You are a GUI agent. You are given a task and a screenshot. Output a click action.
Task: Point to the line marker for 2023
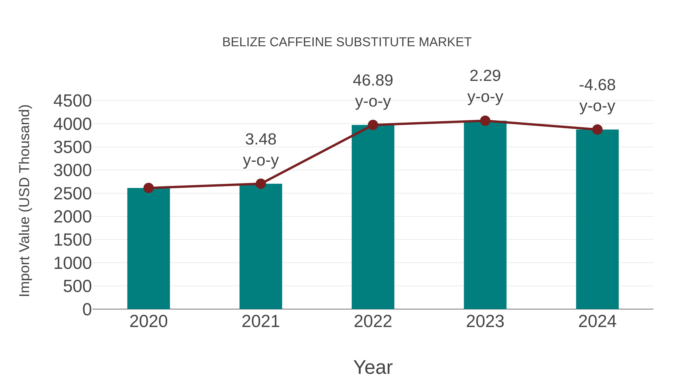tap(485, 121)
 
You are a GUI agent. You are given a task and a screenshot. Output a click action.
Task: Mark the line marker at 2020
tap(148, 188)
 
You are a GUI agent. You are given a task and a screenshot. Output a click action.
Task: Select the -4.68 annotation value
tap(597, 85)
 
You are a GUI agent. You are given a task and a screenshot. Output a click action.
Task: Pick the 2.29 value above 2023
tap(485, 76)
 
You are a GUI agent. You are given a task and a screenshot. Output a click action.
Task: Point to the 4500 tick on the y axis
tap(72, 101)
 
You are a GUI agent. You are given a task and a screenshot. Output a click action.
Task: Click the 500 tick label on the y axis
tap(77, 286)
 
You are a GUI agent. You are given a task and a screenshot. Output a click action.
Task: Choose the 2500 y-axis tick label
tap(72, 194)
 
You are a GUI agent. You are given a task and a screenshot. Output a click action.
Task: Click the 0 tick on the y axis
tap(87, 309)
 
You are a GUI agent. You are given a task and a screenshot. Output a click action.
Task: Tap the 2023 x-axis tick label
tap(485, 321)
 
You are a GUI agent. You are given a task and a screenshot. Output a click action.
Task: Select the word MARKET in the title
tap(445, 42)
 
